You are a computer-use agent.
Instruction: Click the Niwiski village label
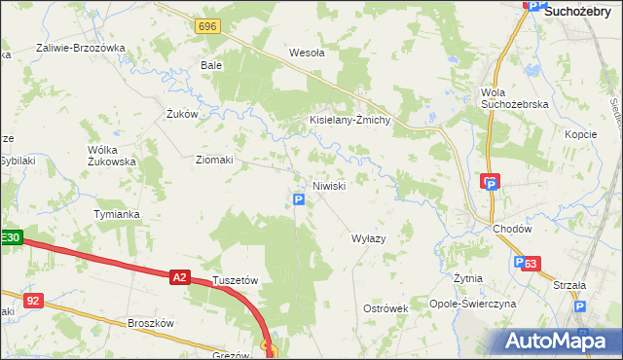tap(328, 186)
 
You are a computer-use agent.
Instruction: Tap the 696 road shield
tap(205, 26)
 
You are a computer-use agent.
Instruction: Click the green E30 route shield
tap(10, 237)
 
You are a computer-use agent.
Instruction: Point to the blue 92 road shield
tap(33, 301)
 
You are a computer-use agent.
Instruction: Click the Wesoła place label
tap(307, 54)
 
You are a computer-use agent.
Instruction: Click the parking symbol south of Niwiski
tap(299, 199)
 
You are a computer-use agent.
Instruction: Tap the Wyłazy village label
tap(369, 237)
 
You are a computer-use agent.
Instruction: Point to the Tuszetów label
tap(235, 280)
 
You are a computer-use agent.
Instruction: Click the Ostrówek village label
tap(385, 307)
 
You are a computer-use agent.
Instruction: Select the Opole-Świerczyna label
tap(476, 305)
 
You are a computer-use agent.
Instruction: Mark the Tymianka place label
tap(117, 214)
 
